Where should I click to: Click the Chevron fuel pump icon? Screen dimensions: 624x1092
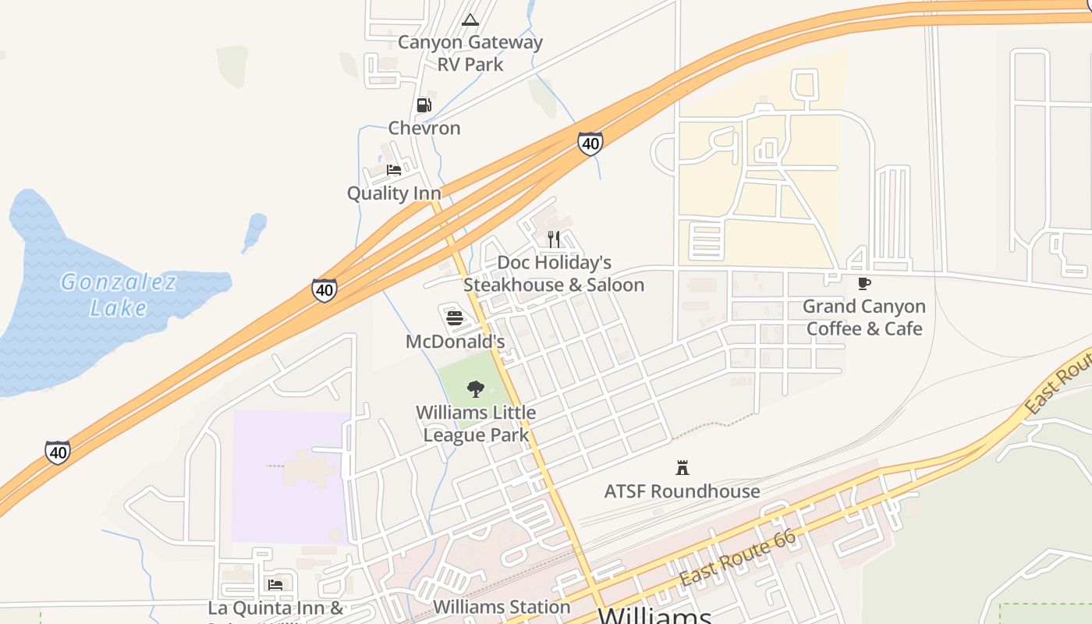pyautogui.click(x=424, y=105)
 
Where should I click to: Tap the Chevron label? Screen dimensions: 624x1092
pyautogui.click(x=424, y=128)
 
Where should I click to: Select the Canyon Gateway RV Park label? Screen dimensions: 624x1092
pyautogui.click(x=470, y=53)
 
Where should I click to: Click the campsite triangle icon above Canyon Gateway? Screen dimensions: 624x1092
pyautogui.click(x=470, y=19)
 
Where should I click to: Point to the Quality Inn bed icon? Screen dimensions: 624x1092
pyautogui.click(x=394, y=170)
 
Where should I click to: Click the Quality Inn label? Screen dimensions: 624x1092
pyautogui.click(x=394, y=193)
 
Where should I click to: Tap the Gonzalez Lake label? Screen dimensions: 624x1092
pyautogui.click(x=119, y=294)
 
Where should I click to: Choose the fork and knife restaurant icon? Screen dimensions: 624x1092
pyautogui.click(x=554, y=239)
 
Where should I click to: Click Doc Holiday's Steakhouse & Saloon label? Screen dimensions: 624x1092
pyautogui.click(x=554, y=274)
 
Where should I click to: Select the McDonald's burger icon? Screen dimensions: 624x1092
pyautogui.click(x=455, y=318)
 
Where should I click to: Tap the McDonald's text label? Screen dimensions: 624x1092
pyautogui.click(x=456, y=342)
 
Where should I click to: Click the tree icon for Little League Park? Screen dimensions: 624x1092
pyautogui.click(x=476, y=389)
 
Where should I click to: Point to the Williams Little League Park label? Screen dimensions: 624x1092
pyautogui.click(x=476, y=424)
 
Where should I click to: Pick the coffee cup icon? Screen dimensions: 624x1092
pyautogui.click(x=863, y=283)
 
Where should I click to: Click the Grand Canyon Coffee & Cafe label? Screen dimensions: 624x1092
pyautogui.click(x=864, y=317)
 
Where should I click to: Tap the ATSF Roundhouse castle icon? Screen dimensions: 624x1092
pyautogui.click(x=682, y=468)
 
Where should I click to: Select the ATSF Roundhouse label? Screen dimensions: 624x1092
pyautogui.click(x=682, y=491)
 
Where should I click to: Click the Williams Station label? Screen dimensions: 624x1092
pyautogui.click(x=502, y=607)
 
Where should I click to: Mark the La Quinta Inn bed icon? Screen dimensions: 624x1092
pyautogui.click(x=275, y=584)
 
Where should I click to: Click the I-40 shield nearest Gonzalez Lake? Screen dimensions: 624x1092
pyautogui.click(x=324, y=290)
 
